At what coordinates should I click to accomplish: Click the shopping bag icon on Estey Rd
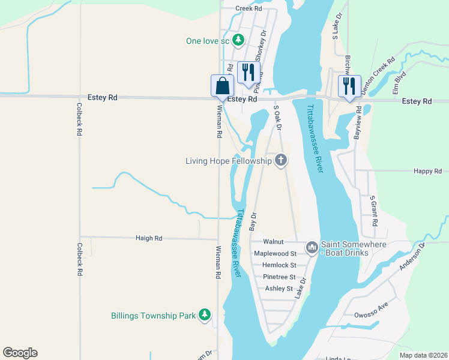(222, 85)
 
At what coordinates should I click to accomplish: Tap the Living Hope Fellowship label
(228, 160)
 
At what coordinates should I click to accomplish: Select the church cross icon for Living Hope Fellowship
(280, 160)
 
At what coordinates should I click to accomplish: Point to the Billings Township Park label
(154, 315)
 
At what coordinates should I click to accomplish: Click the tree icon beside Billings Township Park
(205, 315)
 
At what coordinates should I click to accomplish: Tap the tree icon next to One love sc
(239, 40)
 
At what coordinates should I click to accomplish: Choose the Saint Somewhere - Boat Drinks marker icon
(312, 247)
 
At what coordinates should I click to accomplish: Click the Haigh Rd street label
(149, 238)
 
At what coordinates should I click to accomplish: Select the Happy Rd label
(427, 171)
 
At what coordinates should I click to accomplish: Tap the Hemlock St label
(276, 265)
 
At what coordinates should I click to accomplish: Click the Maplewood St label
(275, 254)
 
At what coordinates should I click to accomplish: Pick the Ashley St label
(279, 289)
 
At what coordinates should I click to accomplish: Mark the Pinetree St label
(279, 277)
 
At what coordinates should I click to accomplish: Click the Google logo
(20, 353)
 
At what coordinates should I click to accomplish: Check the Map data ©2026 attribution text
(423, 355)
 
